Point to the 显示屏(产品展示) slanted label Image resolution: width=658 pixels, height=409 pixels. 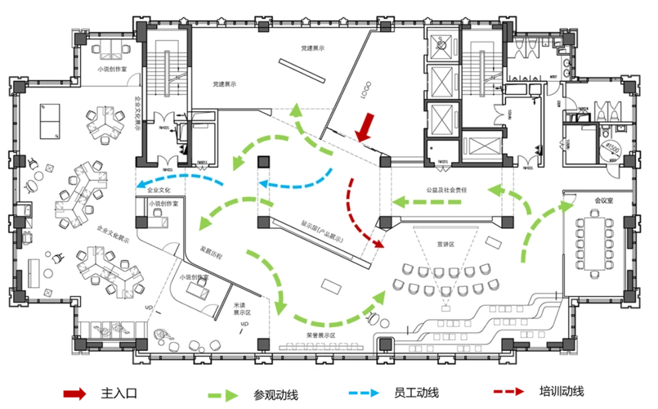coord(321,231)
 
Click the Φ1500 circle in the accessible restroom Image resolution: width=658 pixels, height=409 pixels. coord(613,147)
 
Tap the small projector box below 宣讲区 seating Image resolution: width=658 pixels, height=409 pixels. coord(446,308)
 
